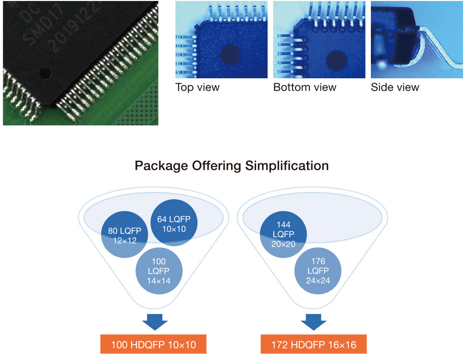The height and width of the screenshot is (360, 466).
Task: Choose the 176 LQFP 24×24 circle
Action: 318,271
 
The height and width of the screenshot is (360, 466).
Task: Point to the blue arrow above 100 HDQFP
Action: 155,322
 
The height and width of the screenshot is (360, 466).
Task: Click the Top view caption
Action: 197,87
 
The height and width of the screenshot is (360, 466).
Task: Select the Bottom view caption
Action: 305,87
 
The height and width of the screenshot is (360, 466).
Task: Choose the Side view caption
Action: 395,87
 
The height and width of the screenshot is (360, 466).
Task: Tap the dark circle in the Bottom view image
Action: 336,60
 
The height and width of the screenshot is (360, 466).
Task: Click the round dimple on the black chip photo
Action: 45,73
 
